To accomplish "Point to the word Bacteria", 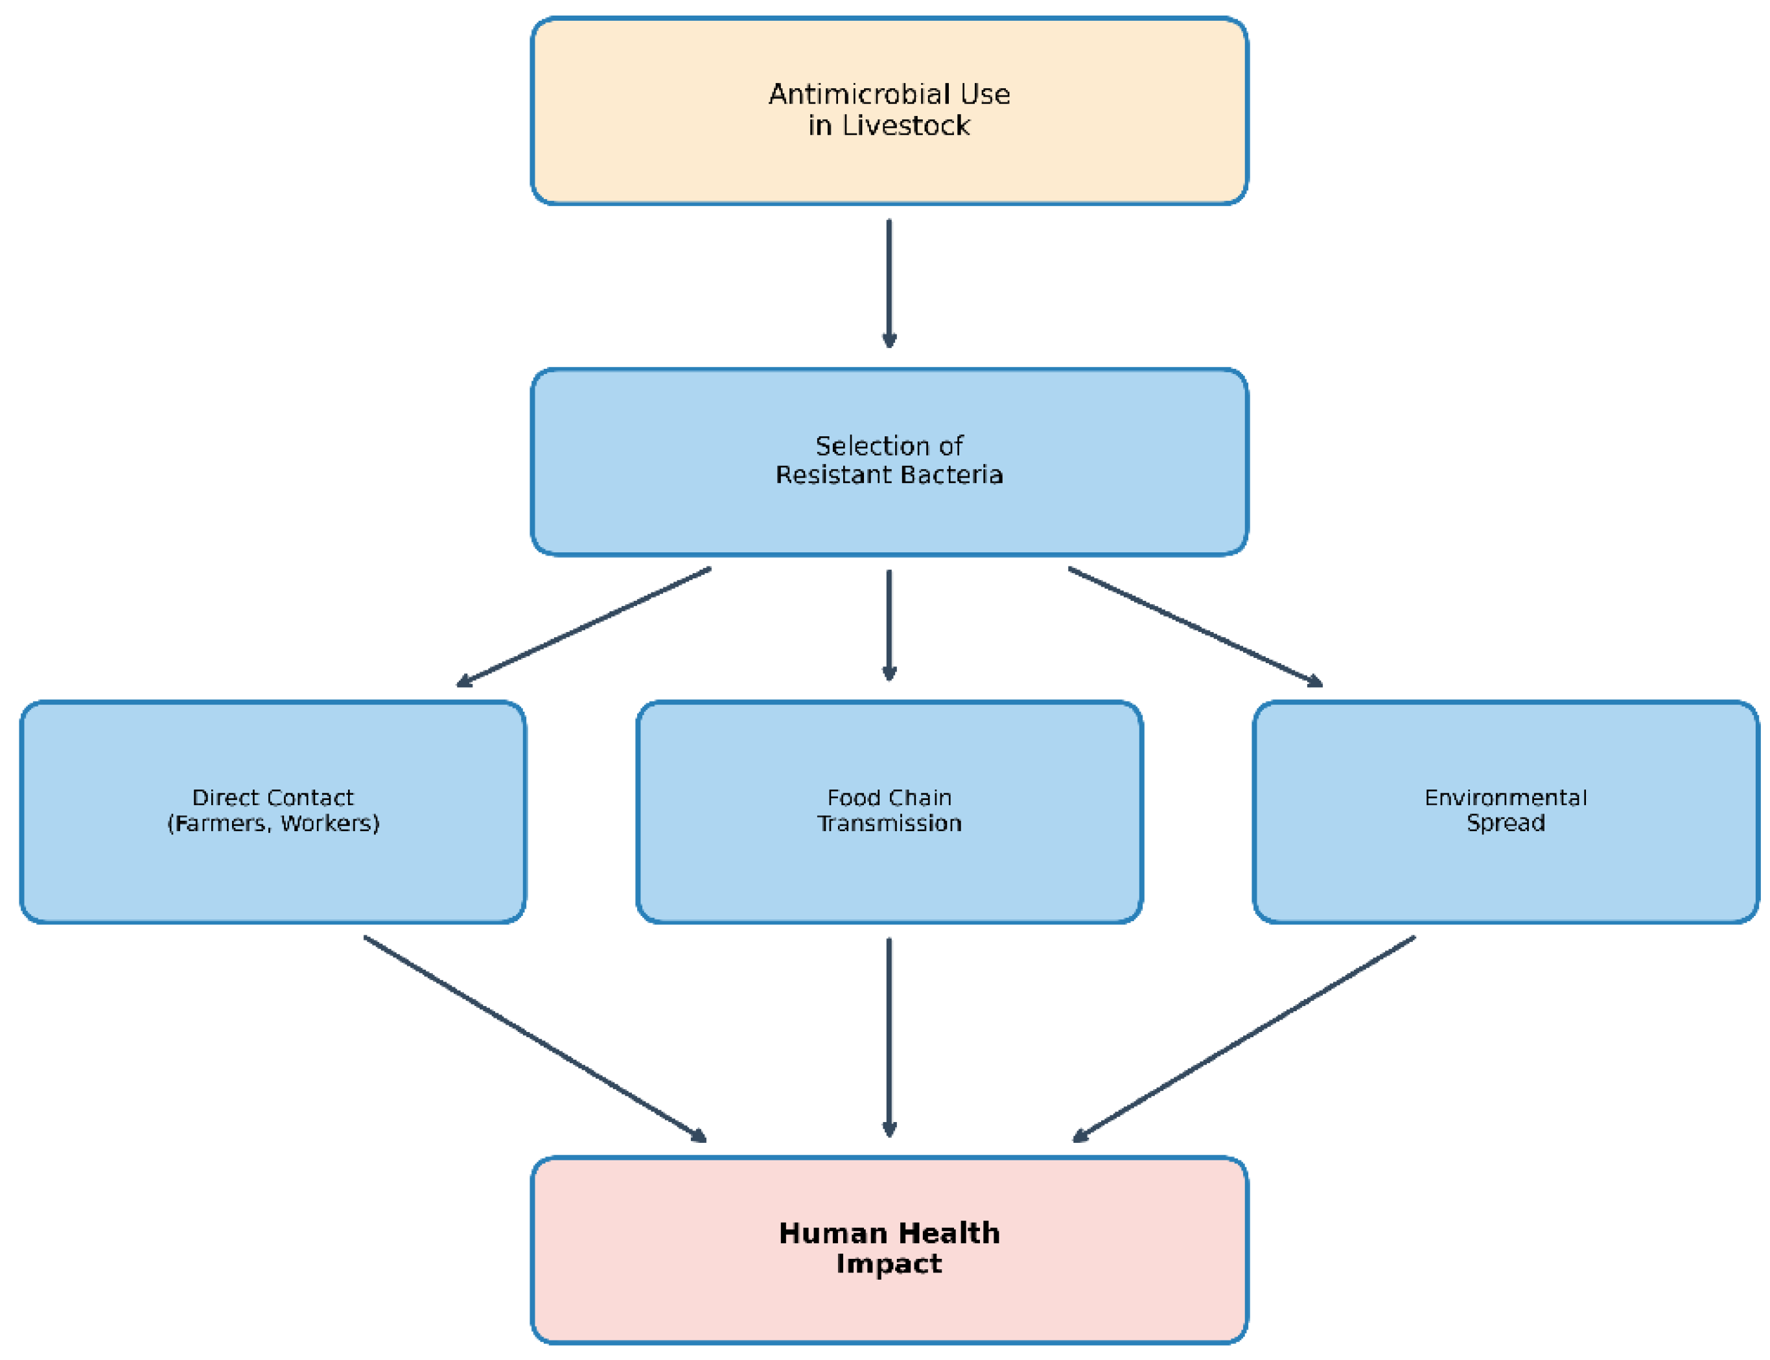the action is click(x=959, y=475).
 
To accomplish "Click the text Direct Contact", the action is click(x=273, y=797).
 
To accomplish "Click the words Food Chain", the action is click(x=889, y=797).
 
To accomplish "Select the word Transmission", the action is click(x=889, y=823).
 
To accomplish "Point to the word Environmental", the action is click(x=1506, y=797).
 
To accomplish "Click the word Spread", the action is click(x=1506, y=823).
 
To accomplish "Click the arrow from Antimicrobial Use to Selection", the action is click(x=889, y=283).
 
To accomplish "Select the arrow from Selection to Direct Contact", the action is click(x=583, y=627).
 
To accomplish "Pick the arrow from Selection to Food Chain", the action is click(x=889, y=626).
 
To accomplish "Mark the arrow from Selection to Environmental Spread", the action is click(x=1195, y=627).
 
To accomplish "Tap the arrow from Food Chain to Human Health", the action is click(x=889, y=1038).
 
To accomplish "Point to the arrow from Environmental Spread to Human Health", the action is click(x=1244, y=1039).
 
